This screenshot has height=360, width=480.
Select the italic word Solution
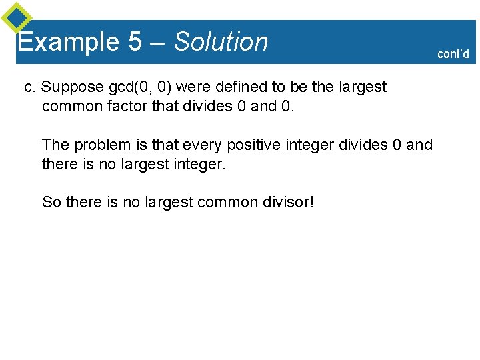(x=221, y=42)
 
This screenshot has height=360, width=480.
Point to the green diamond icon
(x=16, y=17)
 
